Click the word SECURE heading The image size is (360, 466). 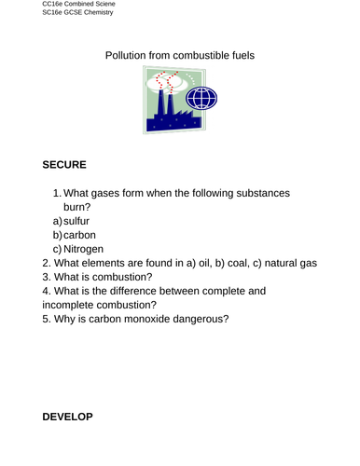[x=64, y=165]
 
